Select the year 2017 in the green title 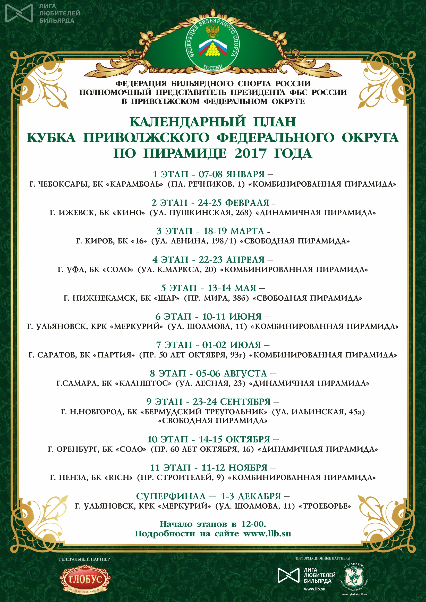tap(250, 153)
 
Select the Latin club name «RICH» tap(118, 477)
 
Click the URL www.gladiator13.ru tap(354, 594)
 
